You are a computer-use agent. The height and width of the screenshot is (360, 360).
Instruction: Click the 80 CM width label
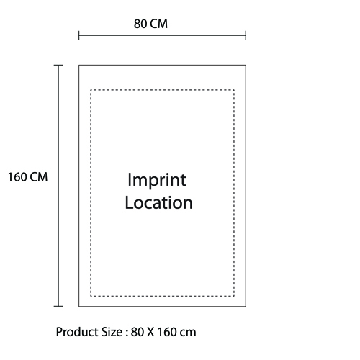[x=150, y=24]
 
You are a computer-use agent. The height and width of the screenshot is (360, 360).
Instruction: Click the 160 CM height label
[x=28, y=177]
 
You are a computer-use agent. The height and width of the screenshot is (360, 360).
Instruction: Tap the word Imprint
[x=157, y=180]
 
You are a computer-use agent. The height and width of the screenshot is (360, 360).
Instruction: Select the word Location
[x=158, y=202]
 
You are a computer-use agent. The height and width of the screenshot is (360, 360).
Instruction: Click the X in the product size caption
[x=150, y=332]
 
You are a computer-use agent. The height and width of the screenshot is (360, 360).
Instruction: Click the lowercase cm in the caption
[x=187, y=333]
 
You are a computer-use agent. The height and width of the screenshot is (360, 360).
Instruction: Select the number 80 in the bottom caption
[x=138, y=332]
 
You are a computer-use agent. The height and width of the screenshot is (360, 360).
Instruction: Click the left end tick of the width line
[x=79, y=35]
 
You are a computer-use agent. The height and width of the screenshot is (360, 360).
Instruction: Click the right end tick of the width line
[x=246, y=35]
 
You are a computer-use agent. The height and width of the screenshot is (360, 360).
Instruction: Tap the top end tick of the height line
[x=58, y=65]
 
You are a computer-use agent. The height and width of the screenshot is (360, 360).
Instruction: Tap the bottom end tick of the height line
[x=58, y=306]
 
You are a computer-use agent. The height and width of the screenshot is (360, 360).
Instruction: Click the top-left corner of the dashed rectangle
[x=91, y=90]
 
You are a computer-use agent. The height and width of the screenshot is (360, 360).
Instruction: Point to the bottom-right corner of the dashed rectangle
[x=234, y=296]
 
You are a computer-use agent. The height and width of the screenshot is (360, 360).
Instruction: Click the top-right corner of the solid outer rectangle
[x=246, y=65]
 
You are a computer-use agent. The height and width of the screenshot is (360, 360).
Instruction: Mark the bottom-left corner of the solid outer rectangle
[x=79, y=306]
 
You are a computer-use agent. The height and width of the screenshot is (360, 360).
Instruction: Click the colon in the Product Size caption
[x=127, y=333]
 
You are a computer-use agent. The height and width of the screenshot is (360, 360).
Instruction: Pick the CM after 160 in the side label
[x=39, y=177]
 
